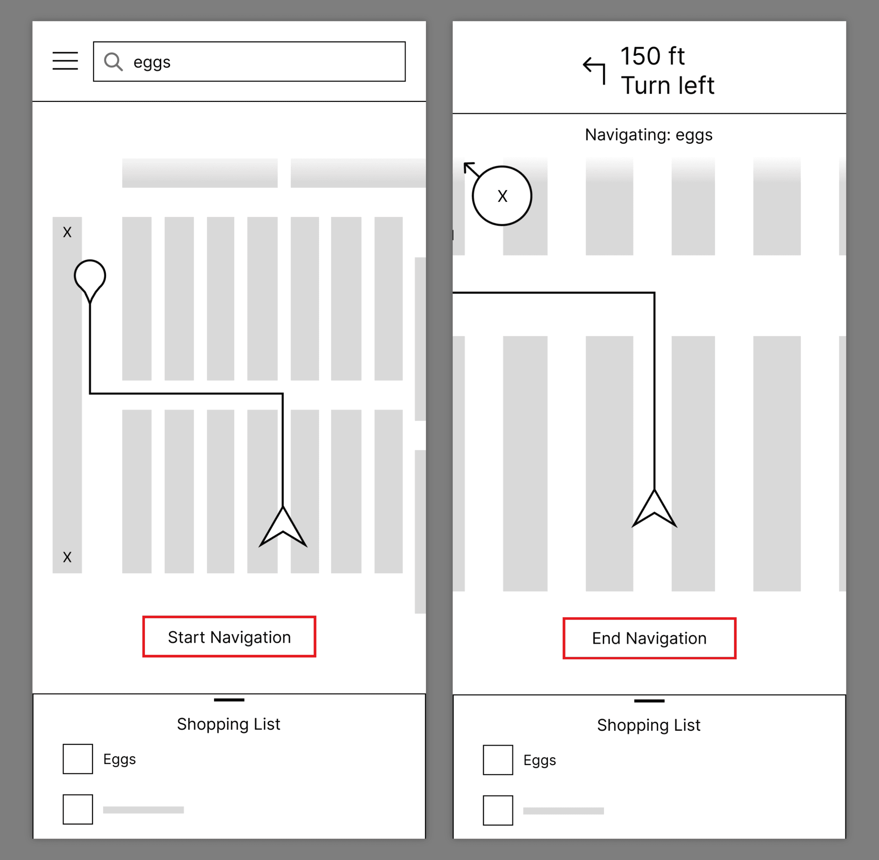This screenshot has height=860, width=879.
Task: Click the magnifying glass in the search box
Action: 113,62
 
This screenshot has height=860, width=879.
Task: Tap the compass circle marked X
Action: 502,195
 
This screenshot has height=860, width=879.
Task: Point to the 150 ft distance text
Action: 653,57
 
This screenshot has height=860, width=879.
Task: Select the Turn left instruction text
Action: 667,86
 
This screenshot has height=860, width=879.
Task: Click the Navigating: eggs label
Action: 648,135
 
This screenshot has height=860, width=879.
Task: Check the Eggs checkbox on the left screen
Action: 78,759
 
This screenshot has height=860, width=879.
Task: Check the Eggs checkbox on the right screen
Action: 498,760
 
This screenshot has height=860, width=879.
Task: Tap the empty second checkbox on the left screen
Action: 78,809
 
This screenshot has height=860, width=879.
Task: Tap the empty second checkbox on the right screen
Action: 498,810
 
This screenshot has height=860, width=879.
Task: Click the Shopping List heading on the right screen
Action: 648,725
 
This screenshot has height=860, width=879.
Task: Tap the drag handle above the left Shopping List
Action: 229,700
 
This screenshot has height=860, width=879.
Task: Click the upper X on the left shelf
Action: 68,232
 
